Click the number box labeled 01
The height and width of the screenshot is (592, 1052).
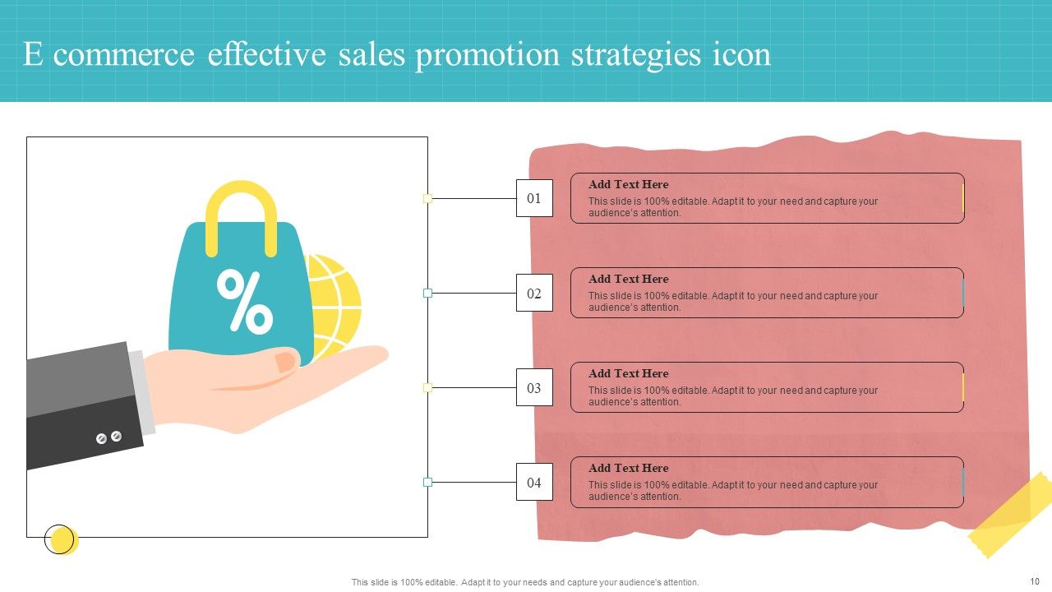[x=534, y=198]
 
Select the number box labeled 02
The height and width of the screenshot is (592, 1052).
[x=534, y=293]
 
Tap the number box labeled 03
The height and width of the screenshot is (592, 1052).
[x=534, y=387]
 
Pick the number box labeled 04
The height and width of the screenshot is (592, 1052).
[x=534, y=482]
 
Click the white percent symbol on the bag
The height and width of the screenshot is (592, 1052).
[x=244, y=301]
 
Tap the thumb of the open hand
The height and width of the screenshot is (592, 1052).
[x=285, y=362]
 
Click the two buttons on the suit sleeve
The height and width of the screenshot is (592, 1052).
[x=108, y=437]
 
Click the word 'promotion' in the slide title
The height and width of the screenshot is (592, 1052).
[x=488, y=54]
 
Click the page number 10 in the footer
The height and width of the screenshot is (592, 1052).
[x=1034, y=581]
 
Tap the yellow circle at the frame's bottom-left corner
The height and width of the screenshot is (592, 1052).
[x=62, y=539]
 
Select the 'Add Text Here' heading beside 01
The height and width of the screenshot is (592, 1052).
[x=629, y=184]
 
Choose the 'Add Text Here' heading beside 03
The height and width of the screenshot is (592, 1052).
[x=629, y=373]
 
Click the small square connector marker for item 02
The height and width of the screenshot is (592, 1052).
[x=427, y=293]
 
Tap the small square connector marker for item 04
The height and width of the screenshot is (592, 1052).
[x=427, y=482]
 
